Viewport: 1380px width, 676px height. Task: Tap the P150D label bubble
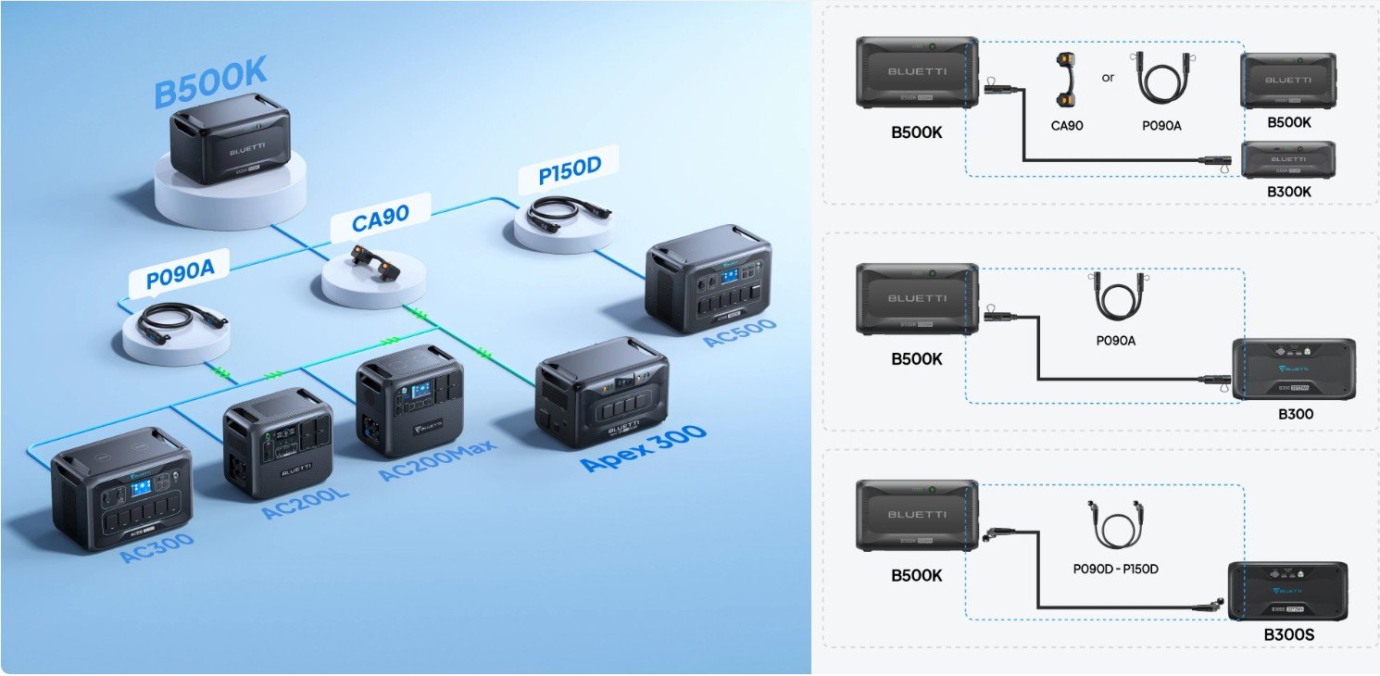point(569,173)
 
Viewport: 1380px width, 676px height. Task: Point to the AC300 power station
point(121,488)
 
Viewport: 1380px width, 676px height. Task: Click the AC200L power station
point(277,442)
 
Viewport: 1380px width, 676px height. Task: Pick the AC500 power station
point(709,277)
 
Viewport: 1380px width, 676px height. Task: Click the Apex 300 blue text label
point(644,447)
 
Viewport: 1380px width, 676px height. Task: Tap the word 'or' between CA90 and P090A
point(1108,78)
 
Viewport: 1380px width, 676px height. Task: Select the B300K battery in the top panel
point(1287,159)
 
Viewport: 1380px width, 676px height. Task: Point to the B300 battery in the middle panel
point(1293,369)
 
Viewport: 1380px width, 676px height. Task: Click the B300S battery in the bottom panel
point(1287,592)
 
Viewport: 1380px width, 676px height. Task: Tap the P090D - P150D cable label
point(1115,569)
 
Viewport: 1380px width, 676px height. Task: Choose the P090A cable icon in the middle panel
point(1115,298)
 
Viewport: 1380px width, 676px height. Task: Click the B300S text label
point(1288,635)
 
